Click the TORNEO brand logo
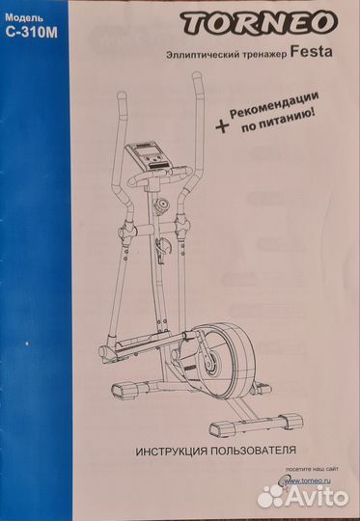tap(259, 22)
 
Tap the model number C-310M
tap(32, 33)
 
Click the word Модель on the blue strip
tap(24, 17)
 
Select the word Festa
tap(311, 52)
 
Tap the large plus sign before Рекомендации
tap(222, 126)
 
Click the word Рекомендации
tap(274, 104)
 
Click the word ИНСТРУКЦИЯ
tap(172, 452)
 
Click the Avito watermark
tap(303, 496)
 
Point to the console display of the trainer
tap(147, 153)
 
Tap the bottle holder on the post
tap(163, 249)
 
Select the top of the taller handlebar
tap(197, 77)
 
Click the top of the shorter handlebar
tap(122, 96)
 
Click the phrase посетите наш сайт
tap(312, 469)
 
